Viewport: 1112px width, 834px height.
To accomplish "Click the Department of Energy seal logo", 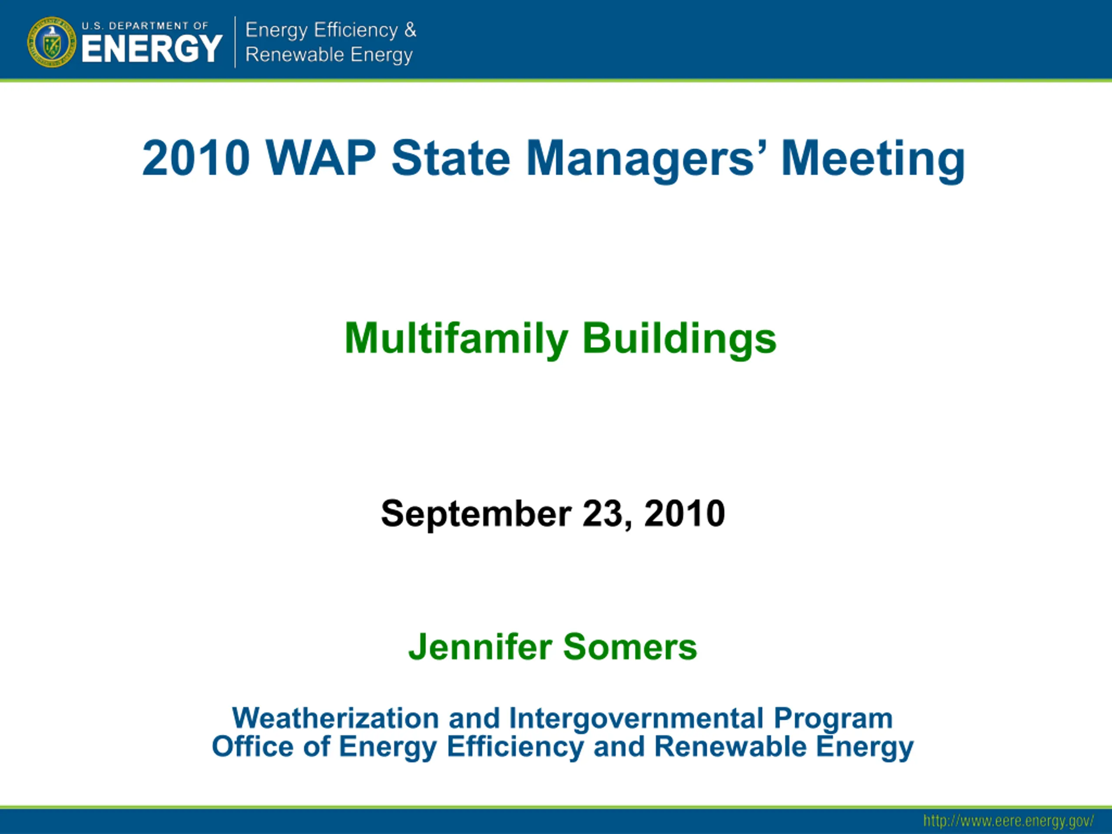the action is pyautogui.click(x=51, y=42).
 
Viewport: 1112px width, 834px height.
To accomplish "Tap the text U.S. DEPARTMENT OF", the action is pyautogui.click(x=145, y=26).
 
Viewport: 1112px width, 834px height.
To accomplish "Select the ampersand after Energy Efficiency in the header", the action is pyautogui.click(x=410, y=30).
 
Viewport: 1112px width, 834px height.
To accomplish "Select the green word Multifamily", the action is pyautogui.click(x=457, y=339).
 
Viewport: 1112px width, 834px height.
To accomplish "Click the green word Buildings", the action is pyautogui.click(x=679, y=339).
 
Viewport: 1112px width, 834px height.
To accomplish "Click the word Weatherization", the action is pyautogui.click(x=336, y=718).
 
